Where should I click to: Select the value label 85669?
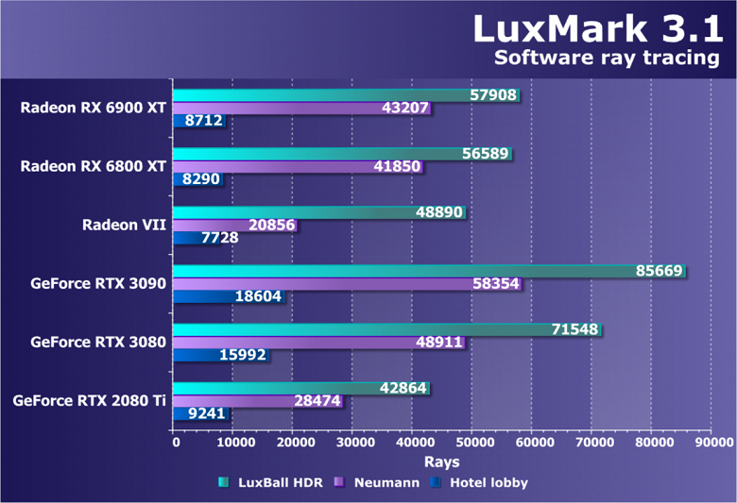[x=659, y=271]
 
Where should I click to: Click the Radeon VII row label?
[x=124, y=225]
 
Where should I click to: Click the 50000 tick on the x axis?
[x=473, y=442]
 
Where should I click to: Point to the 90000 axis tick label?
[x=711, y=442]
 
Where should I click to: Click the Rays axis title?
[x=441, y=461]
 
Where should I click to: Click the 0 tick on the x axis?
[x=175, y=442]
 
